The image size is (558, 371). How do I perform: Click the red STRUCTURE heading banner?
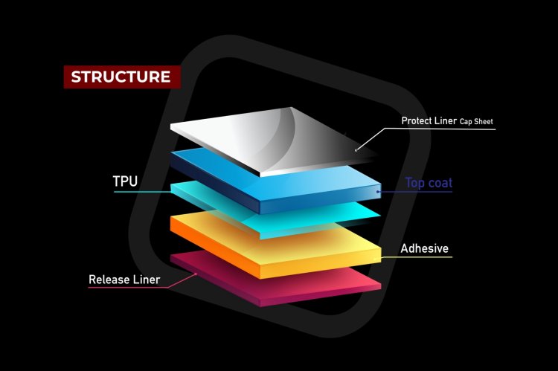[121, 77]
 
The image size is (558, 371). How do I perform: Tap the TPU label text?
[126, 181]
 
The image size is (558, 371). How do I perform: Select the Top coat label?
[429, 183]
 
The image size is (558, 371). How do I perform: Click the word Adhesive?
[425, 248]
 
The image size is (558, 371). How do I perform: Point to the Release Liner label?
[124, 280]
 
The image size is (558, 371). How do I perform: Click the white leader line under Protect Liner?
[439, 129]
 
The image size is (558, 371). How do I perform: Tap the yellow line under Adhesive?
[417, 258]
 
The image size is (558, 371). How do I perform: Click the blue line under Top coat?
[417, 192]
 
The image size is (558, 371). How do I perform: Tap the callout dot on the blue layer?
[378, 192]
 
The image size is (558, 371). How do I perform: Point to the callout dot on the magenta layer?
[196, 274]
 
